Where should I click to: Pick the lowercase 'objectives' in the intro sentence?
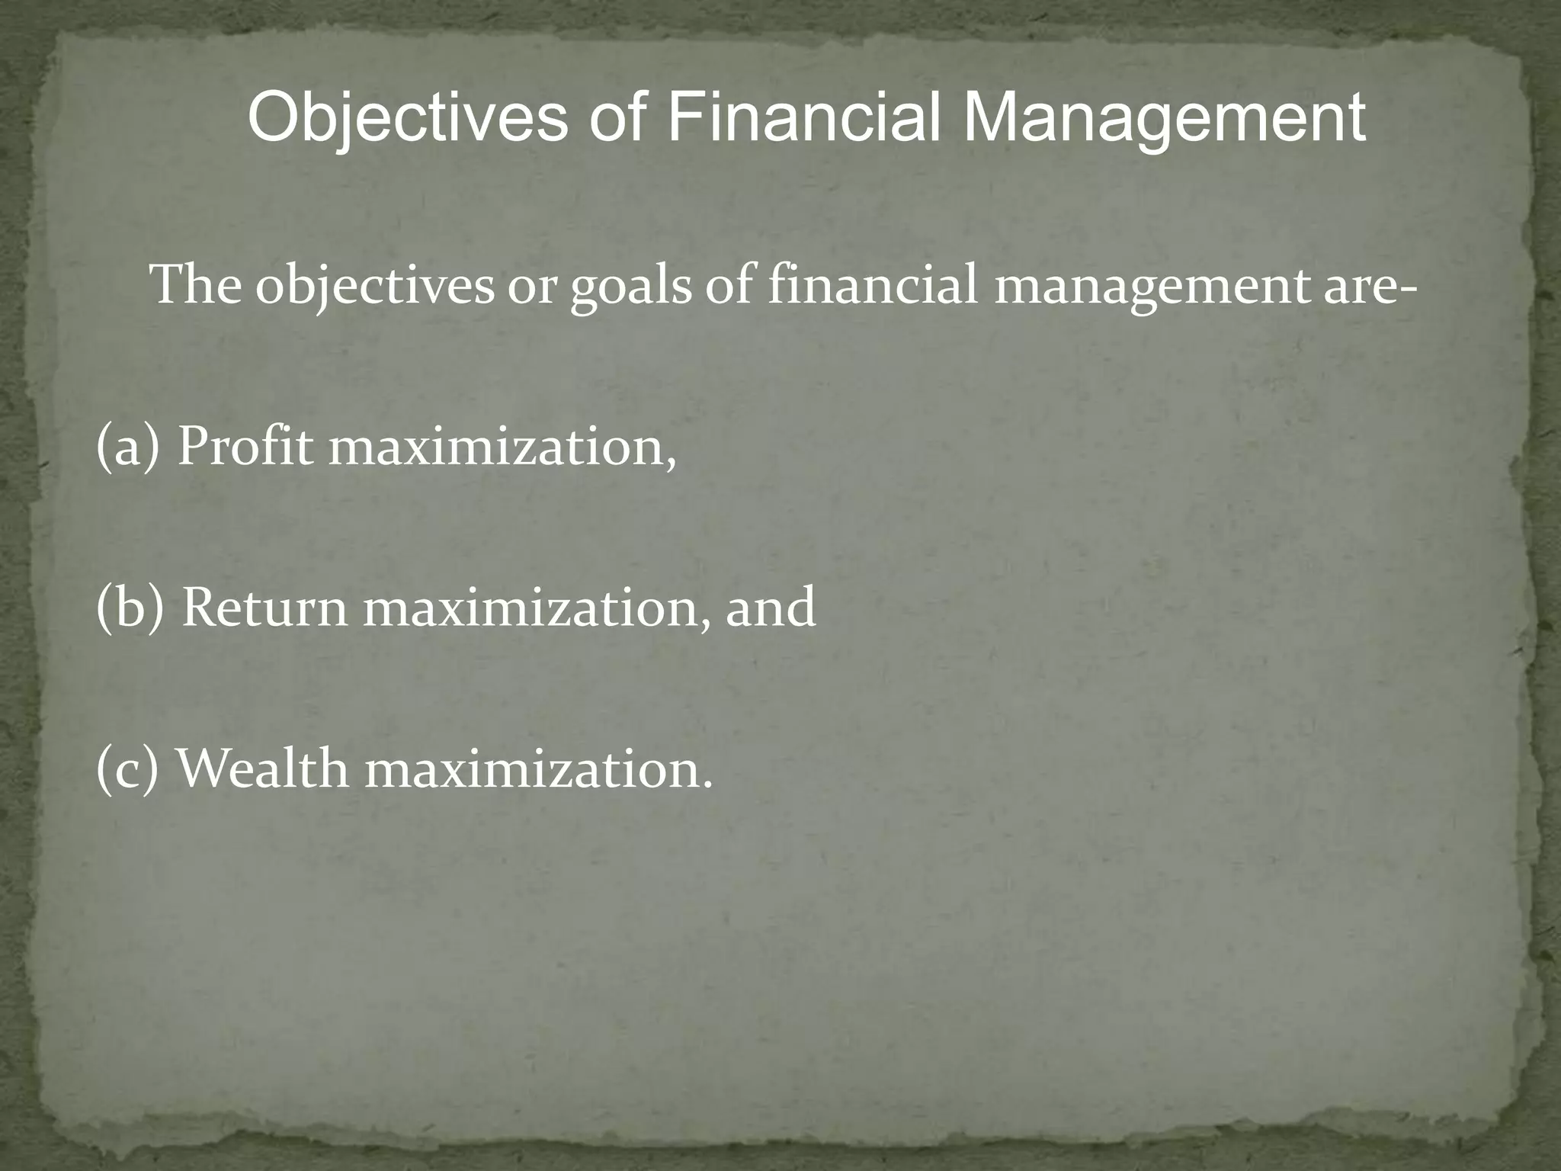click(x=374, y=287)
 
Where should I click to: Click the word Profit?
click(x=245, y=448)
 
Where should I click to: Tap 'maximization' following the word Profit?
click(x=502, y=448)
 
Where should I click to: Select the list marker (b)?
click(x=130, y=608)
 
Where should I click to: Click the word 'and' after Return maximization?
click(x=770, y=608)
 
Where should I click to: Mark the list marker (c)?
click(x=127, y=768)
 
